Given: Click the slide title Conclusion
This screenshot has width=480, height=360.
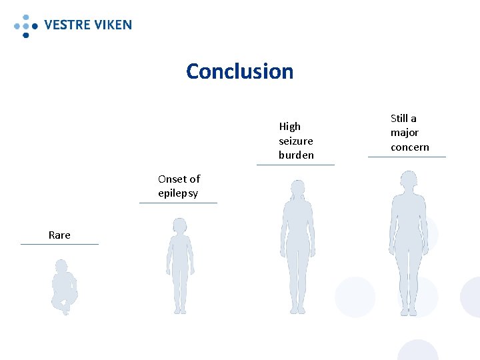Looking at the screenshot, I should click(239, 71).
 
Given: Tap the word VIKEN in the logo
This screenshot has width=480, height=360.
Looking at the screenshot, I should click(111, 25).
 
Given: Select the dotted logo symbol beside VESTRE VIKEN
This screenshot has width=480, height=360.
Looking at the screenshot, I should click(25, 25).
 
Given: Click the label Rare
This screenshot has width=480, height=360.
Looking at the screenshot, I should click(59, 235).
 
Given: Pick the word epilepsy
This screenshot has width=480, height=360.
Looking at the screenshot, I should click(178, 193).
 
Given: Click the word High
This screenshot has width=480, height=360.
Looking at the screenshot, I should click(290, 126).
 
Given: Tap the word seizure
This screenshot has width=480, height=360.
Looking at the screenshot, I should click(296, 141).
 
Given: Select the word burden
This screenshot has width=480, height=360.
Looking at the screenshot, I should click(296, 155).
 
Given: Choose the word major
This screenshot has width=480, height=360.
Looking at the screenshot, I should click(405, 133).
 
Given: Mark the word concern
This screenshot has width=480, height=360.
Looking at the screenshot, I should click(410, 147).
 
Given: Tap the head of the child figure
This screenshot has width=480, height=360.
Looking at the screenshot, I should click(180, 225).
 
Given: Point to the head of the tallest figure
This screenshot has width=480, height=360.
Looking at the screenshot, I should click(408, 179).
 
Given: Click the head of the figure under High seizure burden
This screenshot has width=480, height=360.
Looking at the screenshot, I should click(298, 188).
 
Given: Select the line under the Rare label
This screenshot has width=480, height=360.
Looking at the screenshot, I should click(59, 244).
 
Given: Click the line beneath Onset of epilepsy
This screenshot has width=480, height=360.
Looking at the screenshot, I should click(178, 203).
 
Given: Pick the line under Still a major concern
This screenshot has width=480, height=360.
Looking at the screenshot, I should click(407, 157).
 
